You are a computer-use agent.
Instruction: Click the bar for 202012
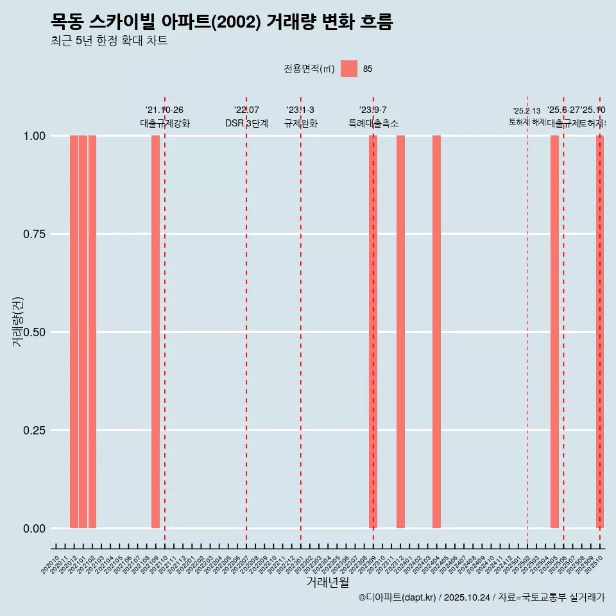click(74, 332)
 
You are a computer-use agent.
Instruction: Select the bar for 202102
click(92, 332)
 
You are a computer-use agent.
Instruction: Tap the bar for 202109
click(155, 332)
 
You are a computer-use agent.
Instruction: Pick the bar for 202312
click(400, 332)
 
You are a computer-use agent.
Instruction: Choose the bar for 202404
click(436, 332)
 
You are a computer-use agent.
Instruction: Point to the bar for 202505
click(554, 332)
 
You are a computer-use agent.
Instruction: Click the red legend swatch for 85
click(349, 69)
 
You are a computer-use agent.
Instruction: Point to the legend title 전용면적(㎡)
click(309, 69)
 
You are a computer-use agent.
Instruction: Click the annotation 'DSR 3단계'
click(246, 123)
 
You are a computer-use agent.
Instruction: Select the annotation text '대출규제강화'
click(165, 123)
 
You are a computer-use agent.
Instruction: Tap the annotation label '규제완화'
click(301, 123)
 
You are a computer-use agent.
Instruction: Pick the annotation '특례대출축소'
click(373, 123)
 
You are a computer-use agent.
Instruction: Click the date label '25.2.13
click(527, 111)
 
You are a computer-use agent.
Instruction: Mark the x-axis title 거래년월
click(328, 583)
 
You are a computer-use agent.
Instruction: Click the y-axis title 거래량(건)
click(18, 321)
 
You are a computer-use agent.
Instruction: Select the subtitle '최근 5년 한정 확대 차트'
click(109, 41)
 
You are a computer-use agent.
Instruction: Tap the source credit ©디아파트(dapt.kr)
click(397, 598)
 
